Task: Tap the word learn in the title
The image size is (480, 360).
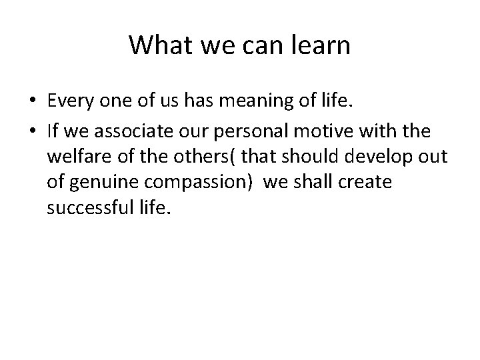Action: pos(322,45)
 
